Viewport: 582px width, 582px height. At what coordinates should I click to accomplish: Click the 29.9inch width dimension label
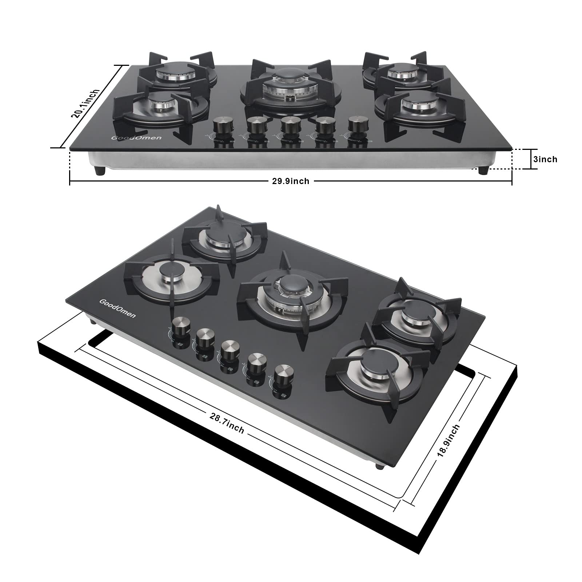click(x=291, y=181)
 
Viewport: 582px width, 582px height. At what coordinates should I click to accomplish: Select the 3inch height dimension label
click(x=545, y=159)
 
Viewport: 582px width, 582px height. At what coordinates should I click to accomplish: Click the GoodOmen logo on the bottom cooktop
click(x=117, y=308)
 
